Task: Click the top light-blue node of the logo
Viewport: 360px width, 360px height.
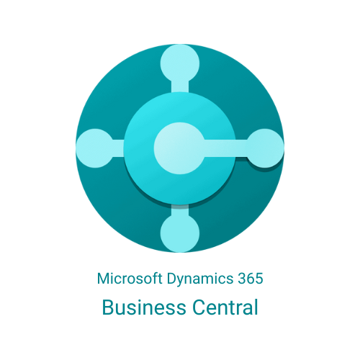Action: click(180, 63)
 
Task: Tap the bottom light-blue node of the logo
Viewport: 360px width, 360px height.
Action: click(180, 233)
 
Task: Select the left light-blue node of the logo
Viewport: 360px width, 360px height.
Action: click(95, 148)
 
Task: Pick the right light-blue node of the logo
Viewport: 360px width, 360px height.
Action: click(265, 148)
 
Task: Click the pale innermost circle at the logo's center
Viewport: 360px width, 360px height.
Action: click(179, 148)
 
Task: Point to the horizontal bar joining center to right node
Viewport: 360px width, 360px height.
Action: click(225, 148)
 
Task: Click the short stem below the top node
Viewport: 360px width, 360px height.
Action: click(180, 87)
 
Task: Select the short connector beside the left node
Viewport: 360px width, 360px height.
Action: click(118, 148)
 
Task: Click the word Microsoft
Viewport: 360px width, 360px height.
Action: click(130, 279)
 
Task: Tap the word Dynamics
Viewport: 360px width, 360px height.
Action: click(200, 279)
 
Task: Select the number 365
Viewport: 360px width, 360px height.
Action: click(251, 279)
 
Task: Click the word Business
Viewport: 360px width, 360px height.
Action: click(144, 307)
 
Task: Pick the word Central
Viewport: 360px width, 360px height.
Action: click(225, 307)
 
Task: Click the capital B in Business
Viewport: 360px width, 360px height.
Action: click(108, 307)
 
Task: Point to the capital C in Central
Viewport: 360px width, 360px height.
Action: click(199, 307)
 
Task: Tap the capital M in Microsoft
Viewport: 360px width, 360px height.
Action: click(104, 279)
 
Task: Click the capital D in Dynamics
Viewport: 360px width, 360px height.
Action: click(171, 279)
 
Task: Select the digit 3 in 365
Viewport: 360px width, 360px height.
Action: click(242, 279)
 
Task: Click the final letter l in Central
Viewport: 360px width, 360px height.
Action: click(256, 307)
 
